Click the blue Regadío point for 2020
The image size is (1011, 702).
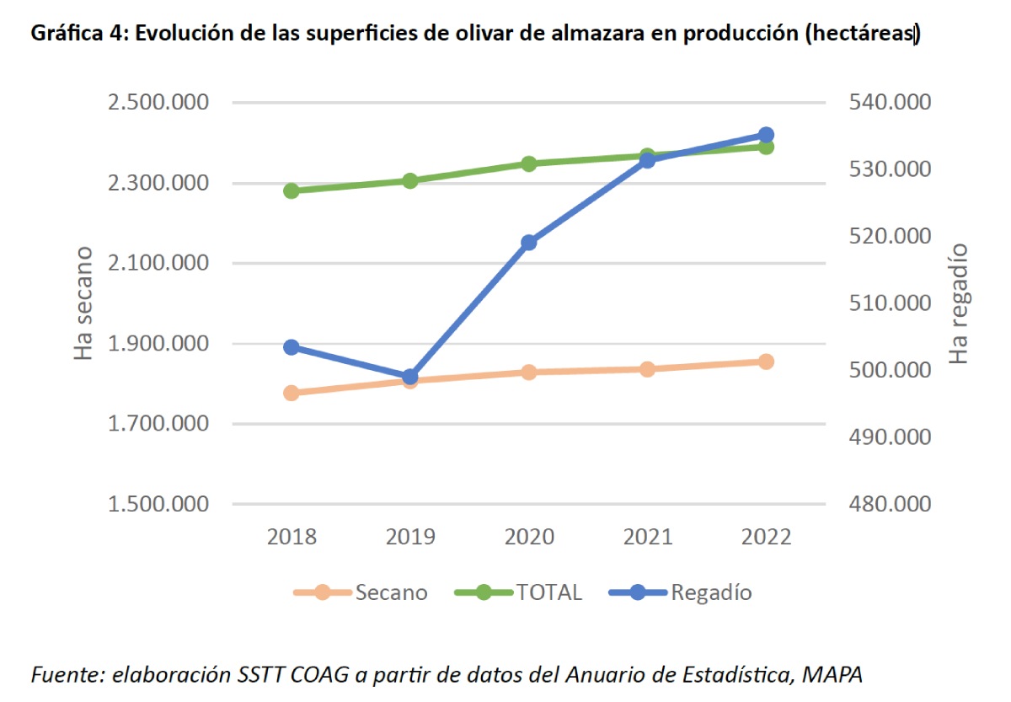tap(529, 243)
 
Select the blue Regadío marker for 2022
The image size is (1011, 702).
tap(766, 135)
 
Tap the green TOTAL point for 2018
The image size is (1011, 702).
tap(292, 190)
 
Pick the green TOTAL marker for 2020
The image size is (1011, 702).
tap(529, 163)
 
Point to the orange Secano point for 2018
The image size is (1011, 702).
tap(292, 393)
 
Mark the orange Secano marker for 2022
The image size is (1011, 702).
tap(766, 362)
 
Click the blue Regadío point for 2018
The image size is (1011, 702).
tap(292, 347)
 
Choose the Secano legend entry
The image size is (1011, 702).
tap(361, 592)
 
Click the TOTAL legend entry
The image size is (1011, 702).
tap(519, 592)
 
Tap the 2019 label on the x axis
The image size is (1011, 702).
tap(410, 538)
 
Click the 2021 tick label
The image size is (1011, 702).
tap(647, 538)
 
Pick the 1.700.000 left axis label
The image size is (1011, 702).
tap(158, 424)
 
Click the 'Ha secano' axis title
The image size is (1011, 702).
tap(83, 303)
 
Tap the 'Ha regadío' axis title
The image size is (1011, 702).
tap(959, 303)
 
